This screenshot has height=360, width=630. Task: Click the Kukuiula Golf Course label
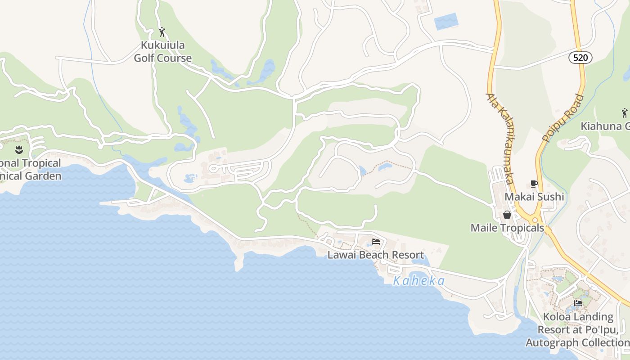pos(162,52)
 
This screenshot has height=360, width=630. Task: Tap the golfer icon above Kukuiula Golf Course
pos(162,32)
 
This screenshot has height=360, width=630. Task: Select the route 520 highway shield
pos(580,58)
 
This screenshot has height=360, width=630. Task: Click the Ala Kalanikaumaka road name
pos(500,138)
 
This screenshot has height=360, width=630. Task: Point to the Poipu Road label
pos(563,118)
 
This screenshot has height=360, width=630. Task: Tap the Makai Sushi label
pos(534,197)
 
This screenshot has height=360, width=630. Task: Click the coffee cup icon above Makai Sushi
pos(534,184)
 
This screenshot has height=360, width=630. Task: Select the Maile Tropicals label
pos(507,228)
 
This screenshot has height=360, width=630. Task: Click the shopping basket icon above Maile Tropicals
pos(507,215)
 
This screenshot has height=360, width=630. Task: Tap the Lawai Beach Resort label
pos(376,255)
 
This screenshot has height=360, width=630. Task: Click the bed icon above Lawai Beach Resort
pos(376,242)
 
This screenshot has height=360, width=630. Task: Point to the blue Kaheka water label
pos(419,281)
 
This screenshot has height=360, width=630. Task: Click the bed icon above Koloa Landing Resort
pos(578,303)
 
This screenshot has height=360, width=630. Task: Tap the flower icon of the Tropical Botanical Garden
pos(19,149)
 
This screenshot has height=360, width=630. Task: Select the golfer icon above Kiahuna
pos(624,112)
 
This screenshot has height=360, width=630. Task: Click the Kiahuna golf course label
pos(605,126)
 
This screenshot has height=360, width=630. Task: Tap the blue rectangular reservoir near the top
pos(446,21)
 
